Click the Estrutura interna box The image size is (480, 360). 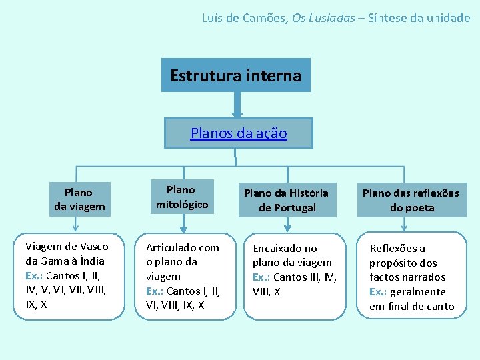[x=236, y=75]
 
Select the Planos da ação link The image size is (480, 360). [x=239, y=133]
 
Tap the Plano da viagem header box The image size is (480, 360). [x=79, y=199]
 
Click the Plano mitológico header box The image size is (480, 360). [x=181, y=197]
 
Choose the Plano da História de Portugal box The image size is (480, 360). [x=286, y=200]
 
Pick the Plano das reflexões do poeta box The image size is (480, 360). [x=411, y=200]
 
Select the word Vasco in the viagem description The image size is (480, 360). [x=93, y=247]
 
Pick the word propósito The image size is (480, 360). [x=394, y=263]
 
